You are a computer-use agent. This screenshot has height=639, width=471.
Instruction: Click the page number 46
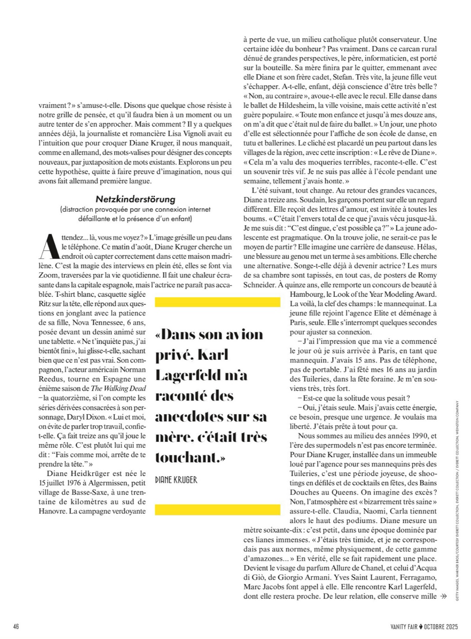16,626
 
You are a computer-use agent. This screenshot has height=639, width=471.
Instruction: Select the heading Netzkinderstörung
136,198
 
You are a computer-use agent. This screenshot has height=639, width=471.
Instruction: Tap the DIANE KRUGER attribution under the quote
176,480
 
